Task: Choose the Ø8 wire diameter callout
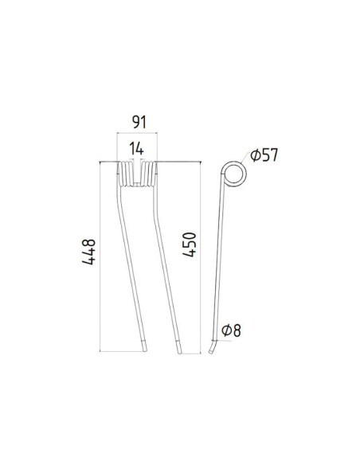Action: [232, 330]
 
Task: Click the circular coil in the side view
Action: [233, 174]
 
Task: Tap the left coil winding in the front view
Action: [125, 174]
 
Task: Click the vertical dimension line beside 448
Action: [102, 255]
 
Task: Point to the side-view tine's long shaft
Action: [220, 263]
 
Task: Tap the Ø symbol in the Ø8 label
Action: [227, 330]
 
